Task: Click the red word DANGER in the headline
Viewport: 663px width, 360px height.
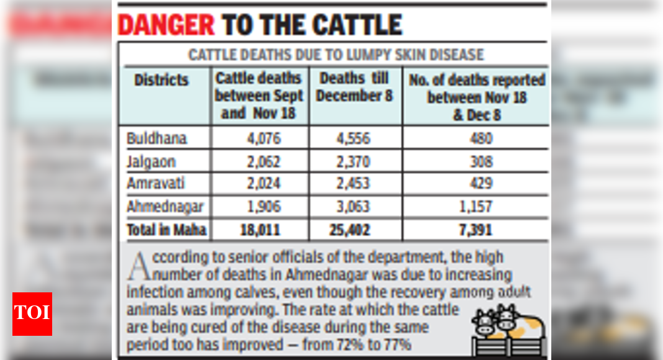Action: pos(165,25)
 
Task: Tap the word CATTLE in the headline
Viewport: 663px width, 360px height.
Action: pos(357,25)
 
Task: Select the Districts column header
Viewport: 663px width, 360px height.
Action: pos(161,80)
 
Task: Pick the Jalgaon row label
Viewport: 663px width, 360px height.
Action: pos(151,161)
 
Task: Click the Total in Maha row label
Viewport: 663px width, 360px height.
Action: pos(166,230)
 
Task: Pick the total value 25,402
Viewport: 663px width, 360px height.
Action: pos(350,230)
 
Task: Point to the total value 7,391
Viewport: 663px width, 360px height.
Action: pos(476,230)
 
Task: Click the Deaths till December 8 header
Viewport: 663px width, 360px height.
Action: pos(355,88)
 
